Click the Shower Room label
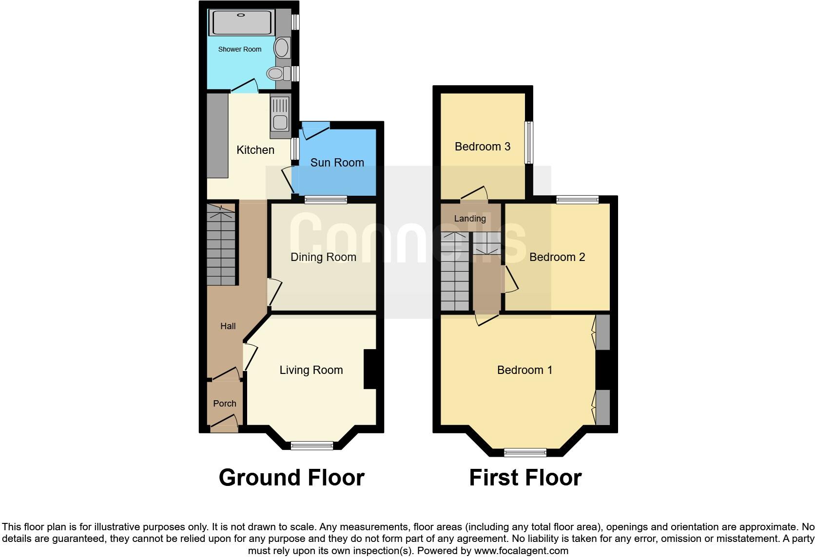(x=239, y=49)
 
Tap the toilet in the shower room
(x=276, y=74)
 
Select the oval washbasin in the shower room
(x=281, y=48)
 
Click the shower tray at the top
(x=241, y=22)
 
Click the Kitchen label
(x=255, y=150)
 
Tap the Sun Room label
(x=337, y=163)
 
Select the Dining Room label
(x=323, y=257)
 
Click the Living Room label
(x=311, y=370)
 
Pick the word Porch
(x=225, y=404)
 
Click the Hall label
(x=228, y=326)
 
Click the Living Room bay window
(x=312, y=445)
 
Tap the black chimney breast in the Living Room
(x=370, y=369)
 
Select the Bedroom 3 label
(x=482, y=147)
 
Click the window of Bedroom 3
(x=528, y=142)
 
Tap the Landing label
(x=470, y=219)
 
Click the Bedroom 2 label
(x=557, y=257)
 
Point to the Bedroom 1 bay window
(x=525, y=452)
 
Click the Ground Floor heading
(x=291, y=478)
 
